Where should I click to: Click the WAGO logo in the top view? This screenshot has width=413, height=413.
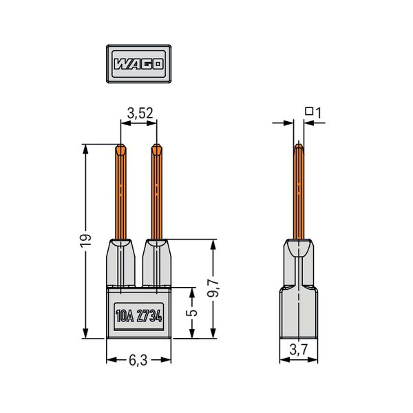click(x=138, y=64)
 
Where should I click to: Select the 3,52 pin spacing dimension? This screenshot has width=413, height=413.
click(x=140, y=114)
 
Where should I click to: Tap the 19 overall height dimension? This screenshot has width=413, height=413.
click(x=85, y=240)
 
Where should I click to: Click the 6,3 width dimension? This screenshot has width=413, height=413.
click(x=138, y=361)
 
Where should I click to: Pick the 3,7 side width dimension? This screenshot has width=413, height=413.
click(x=299, y=350)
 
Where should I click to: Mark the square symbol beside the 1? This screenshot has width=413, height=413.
click(x=309, y=111)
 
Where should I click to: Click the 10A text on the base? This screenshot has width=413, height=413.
click(x=125, y=316)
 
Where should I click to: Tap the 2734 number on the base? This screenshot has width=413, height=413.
click(x=149, y=316)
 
